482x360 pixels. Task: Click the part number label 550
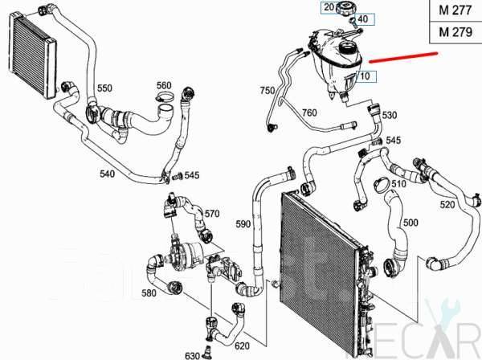coord(104,87)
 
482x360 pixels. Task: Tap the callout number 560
coord(163,85)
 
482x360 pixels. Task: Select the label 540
coord(108,174)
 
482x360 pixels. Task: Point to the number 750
coord(267,92)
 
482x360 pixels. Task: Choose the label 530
coord(390,116)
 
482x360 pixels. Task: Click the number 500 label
coord(410,222)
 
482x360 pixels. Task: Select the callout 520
coord(447,206)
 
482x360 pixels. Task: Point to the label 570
coord(211,214)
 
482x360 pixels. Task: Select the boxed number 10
coord(365,77)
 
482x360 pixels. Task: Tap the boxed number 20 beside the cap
coord(327,7)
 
